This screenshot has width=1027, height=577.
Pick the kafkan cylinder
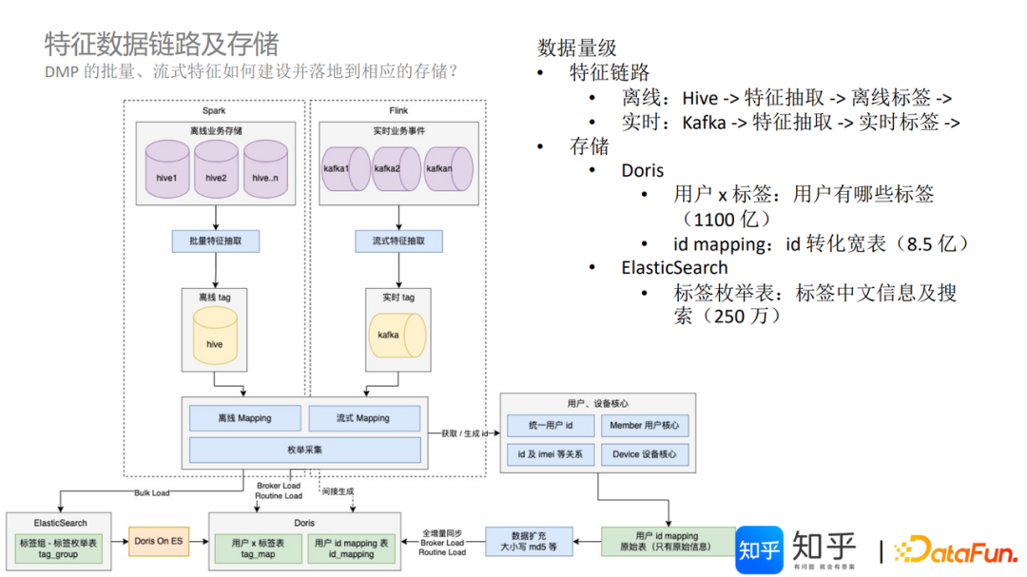pyautogui.click(x=448, y=168)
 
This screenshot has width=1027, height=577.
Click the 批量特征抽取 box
pyautogui.click(x=215, y=240)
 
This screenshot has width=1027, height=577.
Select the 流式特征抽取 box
pyautogui.click(x=398, y=240)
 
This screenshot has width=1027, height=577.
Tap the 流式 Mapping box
pyautogui.click(x=363, y=418)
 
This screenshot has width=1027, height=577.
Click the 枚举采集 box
pyautogui.click(x=304, y=450)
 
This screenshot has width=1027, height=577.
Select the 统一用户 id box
pyautogui.click(x=551, y=425)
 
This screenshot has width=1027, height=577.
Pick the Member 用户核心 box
pyautogui.click(x=645, y=425)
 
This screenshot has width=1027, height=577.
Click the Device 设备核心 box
pyautogui.click(x=645, y=454)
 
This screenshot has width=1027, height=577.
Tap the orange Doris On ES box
pyautogui.click(x=159, y=541)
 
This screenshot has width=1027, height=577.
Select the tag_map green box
pyautogui.click(x=258, y=548)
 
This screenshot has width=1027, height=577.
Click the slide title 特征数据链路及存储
pyautogui.click(x=162, y=44)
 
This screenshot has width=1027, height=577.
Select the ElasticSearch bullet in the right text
pyautogui.click(x=674, y=268)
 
